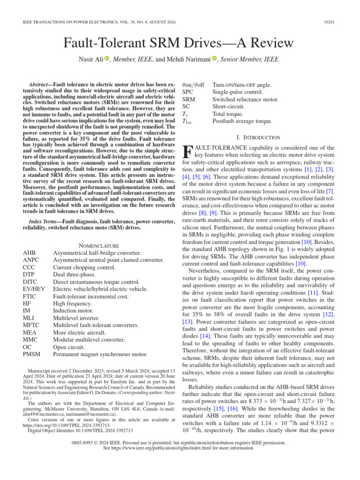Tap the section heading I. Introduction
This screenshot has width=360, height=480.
259,137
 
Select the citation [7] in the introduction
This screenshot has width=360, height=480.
330,192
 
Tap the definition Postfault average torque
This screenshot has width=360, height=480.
242,121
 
